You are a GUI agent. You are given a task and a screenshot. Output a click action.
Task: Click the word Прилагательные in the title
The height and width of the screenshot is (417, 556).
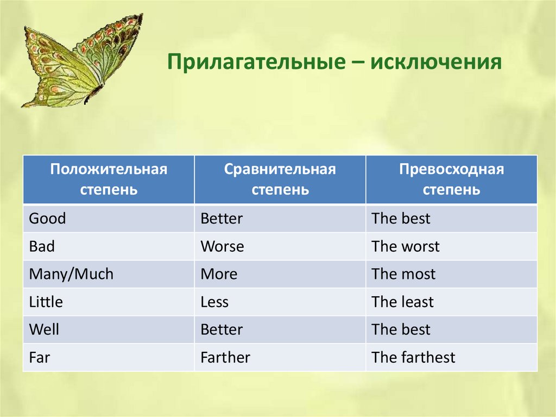click(x=256, y=62)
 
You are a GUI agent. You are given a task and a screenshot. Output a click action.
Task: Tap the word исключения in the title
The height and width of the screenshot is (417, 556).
click(x=436, y=62)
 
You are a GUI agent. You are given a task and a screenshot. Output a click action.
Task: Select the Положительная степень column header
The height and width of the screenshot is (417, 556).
click(x=109, y=179)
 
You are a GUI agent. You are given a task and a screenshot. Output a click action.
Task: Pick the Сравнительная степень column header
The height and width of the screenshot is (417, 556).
click(x=280, y=179)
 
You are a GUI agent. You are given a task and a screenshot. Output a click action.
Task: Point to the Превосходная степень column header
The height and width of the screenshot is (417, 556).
click(x=451, y=179)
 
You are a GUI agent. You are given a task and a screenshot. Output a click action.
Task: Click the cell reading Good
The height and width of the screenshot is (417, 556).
click(x=109, y=219)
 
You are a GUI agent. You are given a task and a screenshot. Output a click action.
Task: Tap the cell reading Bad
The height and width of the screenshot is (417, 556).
click(x=109, y=246)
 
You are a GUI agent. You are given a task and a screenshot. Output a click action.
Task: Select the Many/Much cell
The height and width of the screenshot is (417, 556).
click(x=109, y=274)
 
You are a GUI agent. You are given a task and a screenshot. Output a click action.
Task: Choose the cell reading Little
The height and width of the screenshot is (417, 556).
click(x=109, y=302)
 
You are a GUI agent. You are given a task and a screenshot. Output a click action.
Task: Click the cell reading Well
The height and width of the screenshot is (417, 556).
click(x=109, y=329)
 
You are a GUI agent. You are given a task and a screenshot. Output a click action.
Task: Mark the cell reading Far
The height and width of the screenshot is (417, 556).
click(x=109, y=357)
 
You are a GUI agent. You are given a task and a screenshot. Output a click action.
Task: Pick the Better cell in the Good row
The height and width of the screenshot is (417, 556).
click(x=280, y=219)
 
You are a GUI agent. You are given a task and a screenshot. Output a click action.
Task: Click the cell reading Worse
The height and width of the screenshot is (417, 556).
click(x=280, y=246)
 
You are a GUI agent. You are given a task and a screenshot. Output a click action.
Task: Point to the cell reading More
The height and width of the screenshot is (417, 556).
click(x=280, y=274)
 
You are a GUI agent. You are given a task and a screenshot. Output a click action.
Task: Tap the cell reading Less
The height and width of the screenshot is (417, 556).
click(x=280, y=302)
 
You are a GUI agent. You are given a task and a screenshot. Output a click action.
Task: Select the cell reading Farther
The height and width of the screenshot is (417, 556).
click(x=280, y=357)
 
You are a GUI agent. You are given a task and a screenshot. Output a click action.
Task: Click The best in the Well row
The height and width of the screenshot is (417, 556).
click(x=451, y=329)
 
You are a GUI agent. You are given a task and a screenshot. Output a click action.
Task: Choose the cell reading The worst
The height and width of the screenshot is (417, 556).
click(x=451, y=246)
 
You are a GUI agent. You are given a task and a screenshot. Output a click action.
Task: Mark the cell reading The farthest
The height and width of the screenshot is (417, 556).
click(x=451, y=357)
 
